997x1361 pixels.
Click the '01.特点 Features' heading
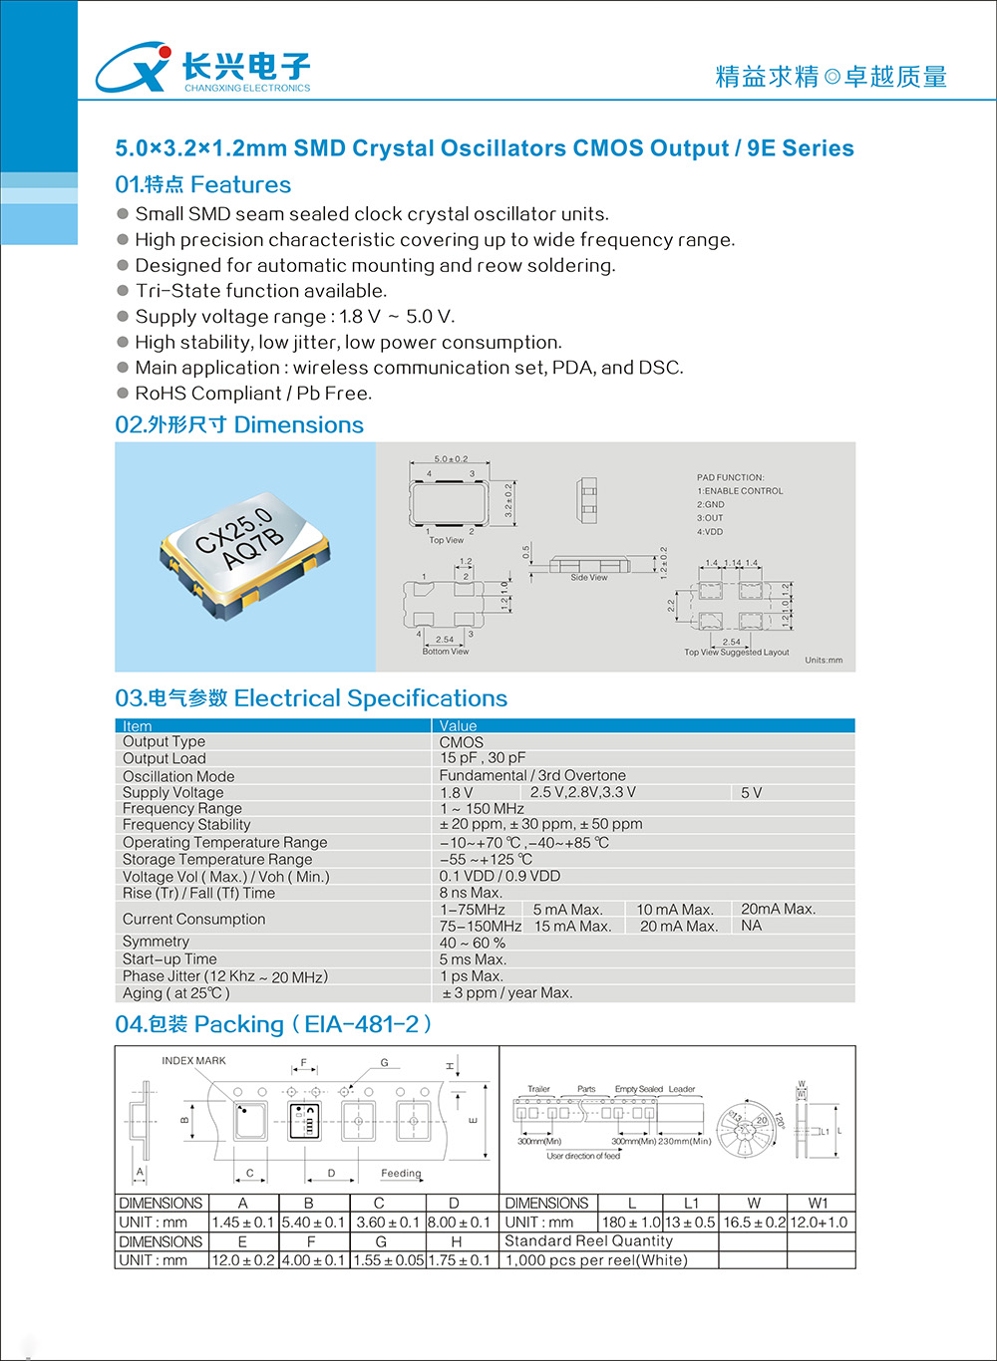(202, 184)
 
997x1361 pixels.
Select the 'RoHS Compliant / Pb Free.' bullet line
(253, 394)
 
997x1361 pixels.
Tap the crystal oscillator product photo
(244, 557)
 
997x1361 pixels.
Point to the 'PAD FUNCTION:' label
(730, 477)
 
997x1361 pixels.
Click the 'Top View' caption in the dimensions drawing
(446, 540)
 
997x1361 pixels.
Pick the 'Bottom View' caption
(445, 652)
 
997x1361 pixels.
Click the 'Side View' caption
(588, 577)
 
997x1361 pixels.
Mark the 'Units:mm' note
(824, 660)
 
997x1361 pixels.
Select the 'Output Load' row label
(164, 758)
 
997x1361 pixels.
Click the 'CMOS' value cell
(462, 742)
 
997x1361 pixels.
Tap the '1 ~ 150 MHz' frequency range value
(482, 808)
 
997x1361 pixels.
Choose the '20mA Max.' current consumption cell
(778, 909)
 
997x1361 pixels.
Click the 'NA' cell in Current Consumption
(751, 926)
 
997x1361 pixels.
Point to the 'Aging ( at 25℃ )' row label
(176, 993)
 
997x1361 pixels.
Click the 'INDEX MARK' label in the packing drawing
(193, 1060)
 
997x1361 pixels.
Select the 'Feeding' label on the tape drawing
(401, 1173)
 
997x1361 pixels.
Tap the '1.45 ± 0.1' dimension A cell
(242, 1223)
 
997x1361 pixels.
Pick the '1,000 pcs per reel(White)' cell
(596, 1260)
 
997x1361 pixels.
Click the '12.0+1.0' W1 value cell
(820, 1223)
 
